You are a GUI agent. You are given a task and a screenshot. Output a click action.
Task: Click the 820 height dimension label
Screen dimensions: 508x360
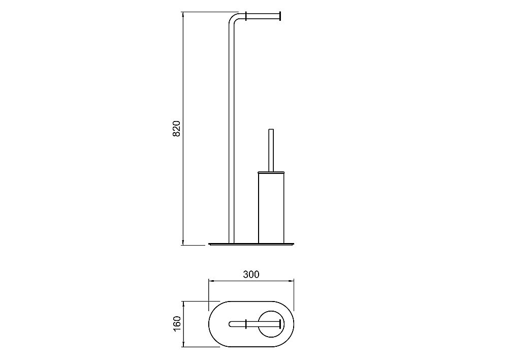(x=176, y=129)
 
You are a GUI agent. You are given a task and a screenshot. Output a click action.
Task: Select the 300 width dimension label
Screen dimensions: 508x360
(x=251, y=275)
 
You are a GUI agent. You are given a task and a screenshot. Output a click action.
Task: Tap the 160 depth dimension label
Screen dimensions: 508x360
(x=177, y=323)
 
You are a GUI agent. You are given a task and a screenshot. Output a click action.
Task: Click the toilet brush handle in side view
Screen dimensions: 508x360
(x=271, y=150)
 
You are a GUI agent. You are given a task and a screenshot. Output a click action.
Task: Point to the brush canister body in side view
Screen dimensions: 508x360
(x=271, y=207)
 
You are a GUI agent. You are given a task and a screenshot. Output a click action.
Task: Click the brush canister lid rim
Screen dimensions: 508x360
(x=271, y=172)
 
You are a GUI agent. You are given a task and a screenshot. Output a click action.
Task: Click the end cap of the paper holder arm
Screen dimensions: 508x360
(x=280, y=17)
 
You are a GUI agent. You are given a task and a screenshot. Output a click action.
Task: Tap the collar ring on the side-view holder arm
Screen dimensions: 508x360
(x=246, y=17)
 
